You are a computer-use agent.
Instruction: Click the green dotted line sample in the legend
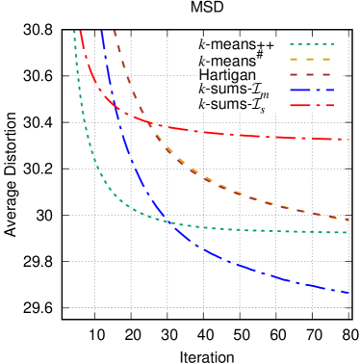[x=311, y=43]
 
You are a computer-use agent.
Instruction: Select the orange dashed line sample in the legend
[x=311, y=59]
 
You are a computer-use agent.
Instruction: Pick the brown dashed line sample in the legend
[x=311, y=74]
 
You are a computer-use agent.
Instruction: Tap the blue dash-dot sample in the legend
[x=311, y=90]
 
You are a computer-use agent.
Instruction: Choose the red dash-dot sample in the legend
[x=311, y=105]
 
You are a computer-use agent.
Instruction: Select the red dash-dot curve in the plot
[x=241, y=134]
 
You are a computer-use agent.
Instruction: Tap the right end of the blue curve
[x=348, y=293]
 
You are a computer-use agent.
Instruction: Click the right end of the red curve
[x=348, y=140]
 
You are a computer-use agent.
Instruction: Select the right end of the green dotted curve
[x=348, y=233]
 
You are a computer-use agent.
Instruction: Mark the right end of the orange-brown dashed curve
[x=348, y=221]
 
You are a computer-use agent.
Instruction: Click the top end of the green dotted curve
[x=74, y=32]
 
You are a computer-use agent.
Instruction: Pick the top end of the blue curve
[x=102, y=32]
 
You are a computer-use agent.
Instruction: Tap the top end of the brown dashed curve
[x=115, y=32]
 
